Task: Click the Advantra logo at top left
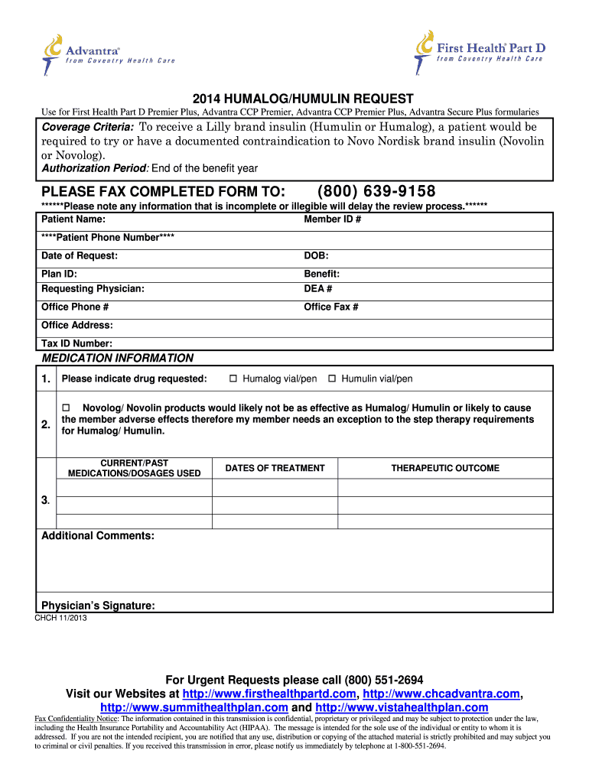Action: [107, 54]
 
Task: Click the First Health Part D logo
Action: [479, 51]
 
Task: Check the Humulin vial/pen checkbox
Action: [333, 379]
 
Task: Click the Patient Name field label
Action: [73, 219]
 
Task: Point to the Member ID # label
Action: [333, 219]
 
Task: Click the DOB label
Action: [316, 255]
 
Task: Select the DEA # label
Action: [318, 289]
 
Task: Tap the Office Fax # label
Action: [331, 307]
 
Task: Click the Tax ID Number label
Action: [76, 344]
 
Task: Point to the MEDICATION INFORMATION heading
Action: [117, 358]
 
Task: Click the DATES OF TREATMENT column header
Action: [275, 468]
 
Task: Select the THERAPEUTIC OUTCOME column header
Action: [445, 468]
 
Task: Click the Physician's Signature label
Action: [98, 606]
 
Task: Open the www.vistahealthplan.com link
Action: [402, 707]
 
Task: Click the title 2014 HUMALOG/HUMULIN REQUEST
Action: [303, 99]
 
